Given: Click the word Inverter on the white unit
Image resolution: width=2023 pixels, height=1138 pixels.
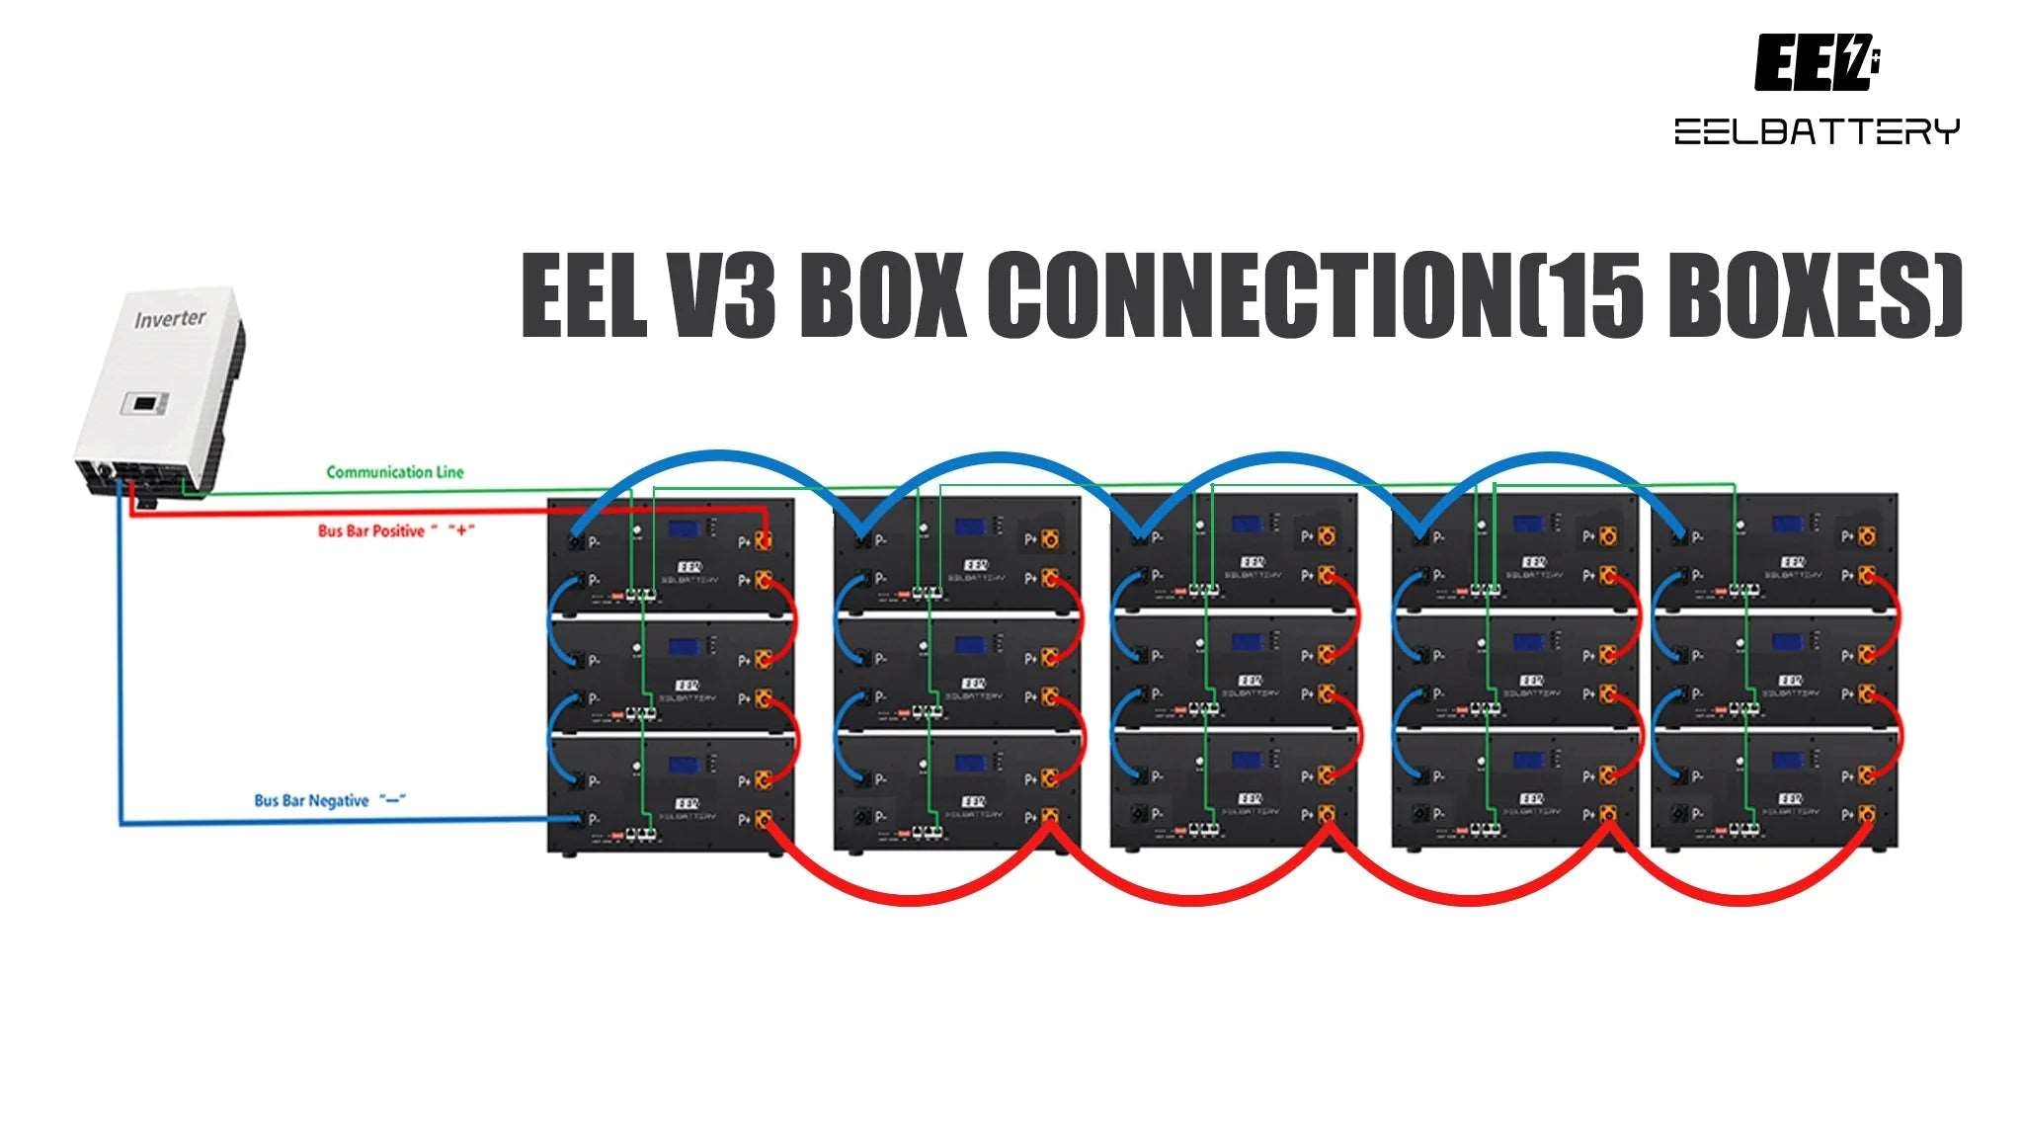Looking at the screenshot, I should [x=170, y=319].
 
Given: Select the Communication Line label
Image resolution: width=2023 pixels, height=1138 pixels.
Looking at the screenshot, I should [x=394, y=472].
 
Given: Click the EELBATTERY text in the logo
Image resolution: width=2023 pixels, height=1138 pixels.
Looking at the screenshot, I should [x=1816, y=131].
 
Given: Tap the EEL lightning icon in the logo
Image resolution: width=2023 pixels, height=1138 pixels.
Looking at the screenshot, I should [x=1816, y=63].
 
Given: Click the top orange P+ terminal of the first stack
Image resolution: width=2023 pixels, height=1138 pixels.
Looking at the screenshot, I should [x=763, y=540].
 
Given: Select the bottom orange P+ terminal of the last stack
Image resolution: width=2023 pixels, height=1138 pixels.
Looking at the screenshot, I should [x=1866, y=814].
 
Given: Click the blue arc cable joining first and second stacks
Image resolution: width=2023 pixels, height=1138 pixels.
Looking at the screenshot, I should [x=721, y=456].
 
